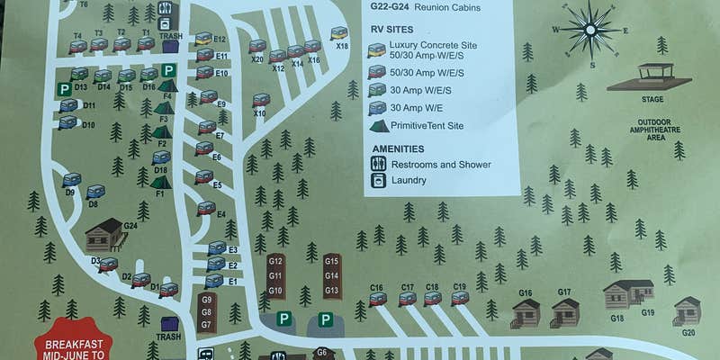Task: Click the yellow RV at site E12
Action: pos(204,39)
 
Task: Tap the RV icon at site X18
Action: pos(339,33)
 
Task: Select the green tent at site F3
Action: pos(163,108)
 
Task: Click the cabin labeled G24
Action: pos(103,236)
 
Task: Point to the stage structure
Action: pos(654,77)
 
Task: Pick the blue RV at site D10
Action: pos(67,122)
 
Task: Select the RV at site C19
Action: pos(461,298)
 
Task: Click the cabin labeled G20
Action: pos(687,311)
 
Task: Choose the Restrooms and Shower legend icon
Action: pos(379,164)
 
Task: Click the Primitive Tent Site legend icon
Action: pos(379,125)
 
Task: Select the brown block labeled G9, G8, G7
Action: pos(206,311)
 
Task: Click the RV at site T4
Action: pos(78,46)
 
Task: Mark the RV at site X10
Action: pos(262,100)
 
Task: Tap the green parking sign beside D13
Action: pos(64,89)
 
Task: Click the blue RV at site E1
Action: pos(213,281)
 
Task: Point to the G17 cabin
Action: pos(565,311)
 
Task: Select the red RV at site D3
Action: pos(108,265)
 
